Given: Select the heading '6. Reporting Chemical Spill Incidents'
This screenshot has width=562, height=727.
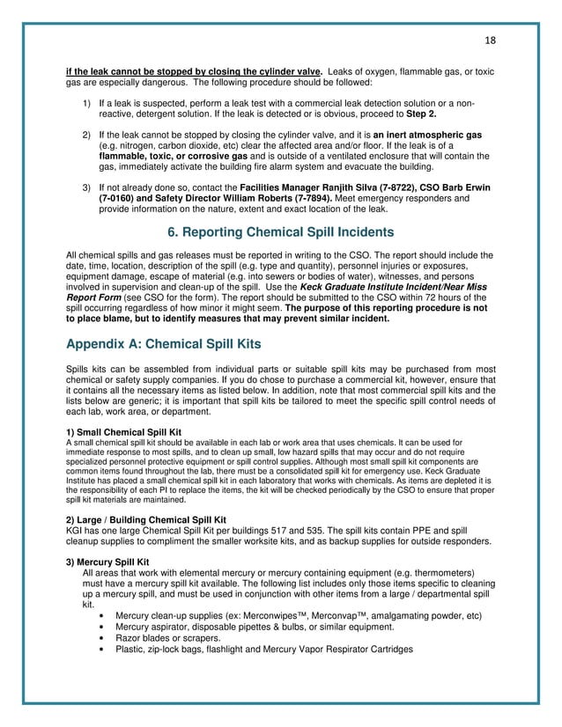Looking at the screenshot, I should click(x=281, y=233).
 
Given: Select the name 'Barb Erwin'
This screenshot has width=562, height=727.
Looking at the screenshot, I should click(x=463, y=188).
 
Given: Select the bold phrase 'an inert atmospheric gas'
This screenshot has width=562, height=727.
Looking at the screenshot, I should click(x=429, y=136).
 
